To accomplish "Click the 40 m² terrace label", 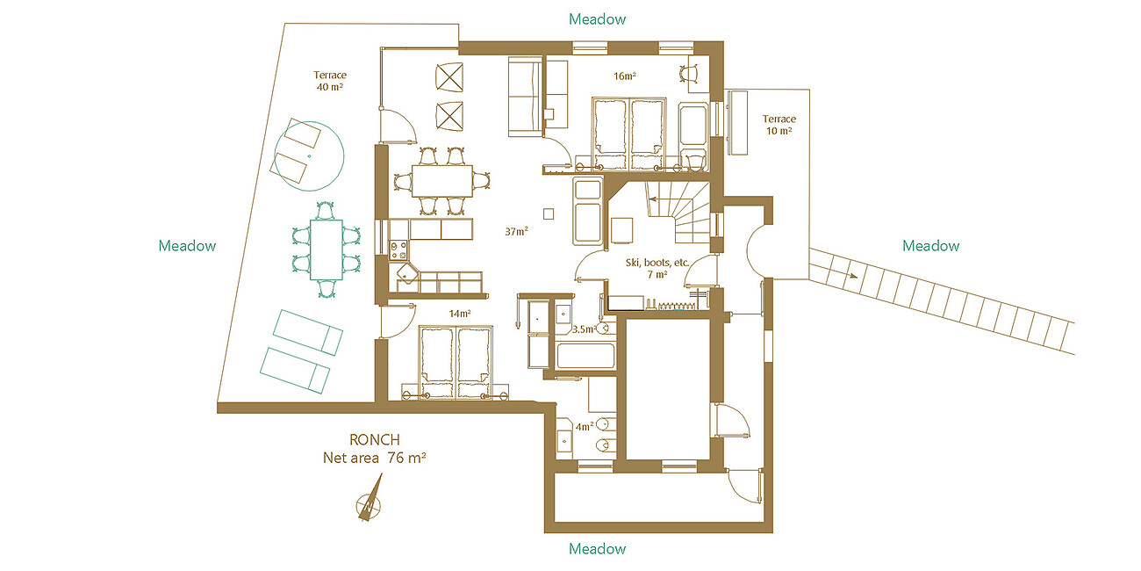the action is click(x=330, y=81).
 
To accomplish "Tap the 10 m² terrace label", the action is click(x=779, y=125).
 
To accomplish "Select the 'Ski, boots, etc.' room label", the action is click(x=657, y=269).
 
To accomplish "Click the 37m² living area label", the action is click(x=516, y=231).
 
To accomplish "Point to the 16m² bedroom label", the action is click(x=625, y=76).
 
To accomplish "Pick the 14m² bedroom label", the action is click(x=459, y=314).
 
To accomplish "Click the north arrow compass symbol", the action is click(x=370, y=500).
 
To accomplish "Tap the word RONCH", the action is click(x=375, y=439).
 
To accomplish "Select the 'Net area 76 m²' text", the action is click(x=375, y=458).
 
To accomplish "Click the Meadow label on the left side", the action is click(x=187, y=246).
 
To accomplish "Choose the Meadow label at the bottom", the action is click(x=597, y=548).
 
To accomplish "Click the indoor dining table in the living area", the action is click(x=442, y=180).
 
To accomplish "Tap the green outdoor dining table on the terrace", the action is click(x=326, y=249).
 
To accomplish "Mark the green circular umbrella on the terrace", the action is click(x=309, y=156).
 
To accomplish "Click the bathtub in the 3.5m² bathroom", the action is click(x=585, y=357).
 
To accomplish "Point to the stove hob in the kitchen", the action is click(x=398, y=249).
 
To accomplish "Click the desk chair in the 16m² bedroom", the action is click(x=689, y=72).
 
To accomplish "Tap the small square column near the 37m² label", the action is click(x=548, y=213).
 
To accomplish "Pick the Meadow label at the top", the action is click(x=597, y=18).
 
